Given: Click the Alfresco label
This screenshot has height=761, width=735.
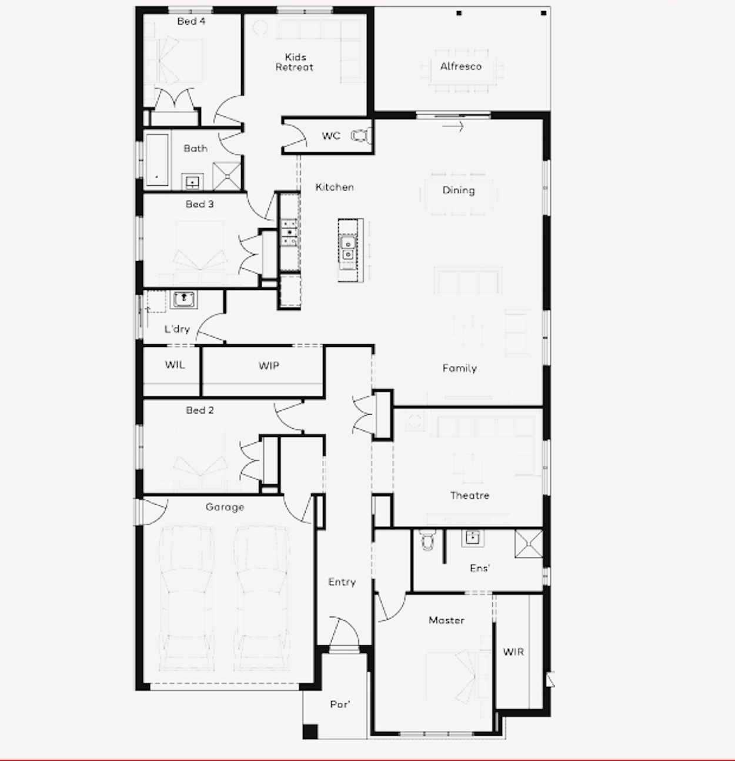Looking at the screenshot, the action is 460,66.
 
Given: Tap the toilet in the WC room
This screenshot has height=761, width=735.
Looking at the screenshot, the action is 361,136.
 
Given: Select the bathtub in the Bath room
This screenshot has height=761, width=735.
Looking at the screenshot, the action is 157,159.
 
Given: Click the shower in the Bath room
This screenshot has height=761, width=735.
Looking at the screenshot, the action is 226,176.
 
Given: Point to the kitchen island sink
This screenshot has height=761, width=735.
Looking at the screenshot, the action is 348,249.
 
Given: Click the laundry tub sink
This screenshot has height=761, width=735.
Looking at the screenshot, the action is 183,299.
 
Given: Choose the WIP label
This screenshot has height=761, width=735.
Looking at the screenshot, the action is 269,366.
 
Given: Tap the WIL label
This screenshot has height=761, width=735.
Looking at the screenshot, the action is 175,365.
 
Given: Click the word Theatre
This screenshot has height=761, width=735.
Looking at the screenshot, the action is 470,495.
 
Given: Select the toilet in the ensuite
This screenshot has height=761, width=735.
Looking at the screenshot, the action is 427,540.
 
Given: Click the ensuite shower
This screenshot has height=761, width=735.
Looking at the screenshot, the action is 529,543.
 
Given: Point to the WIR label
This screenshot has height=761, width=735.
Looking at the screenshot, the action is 513,652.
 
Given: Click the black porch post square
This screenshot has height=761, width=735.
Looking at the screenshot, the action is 310,732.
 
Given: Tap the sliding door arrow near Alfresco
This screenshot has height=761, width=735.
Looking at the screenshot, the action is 453,126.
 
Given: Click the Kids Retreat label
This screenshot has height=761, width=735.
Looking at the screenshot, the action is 295,62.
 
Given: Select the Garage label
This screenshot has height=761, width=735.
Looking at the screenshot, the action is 225,507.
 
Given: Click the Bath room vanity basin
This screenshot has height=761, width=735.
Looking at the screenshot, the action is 192,182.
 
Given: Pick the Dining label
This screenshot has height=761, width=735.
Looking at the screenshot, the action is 459,191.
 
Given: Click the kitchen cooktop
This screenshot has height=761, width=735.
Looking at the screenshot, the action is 289,232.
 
